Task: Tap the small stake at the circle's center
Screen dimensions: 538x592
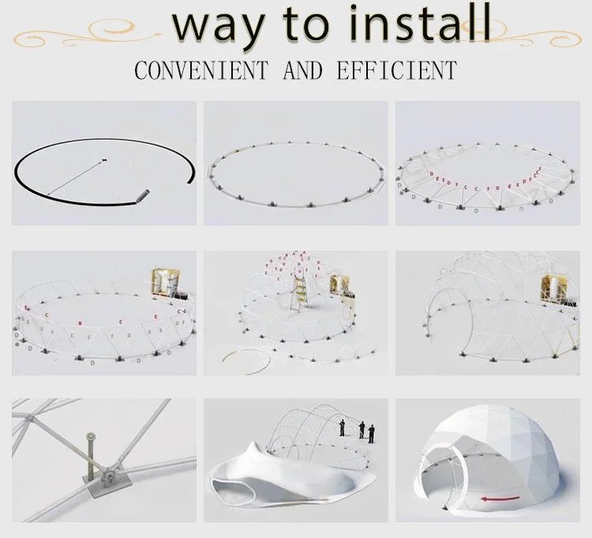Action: pos(103,162)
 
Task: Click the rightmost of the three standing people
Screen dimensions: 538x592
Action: pos(372,432)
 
